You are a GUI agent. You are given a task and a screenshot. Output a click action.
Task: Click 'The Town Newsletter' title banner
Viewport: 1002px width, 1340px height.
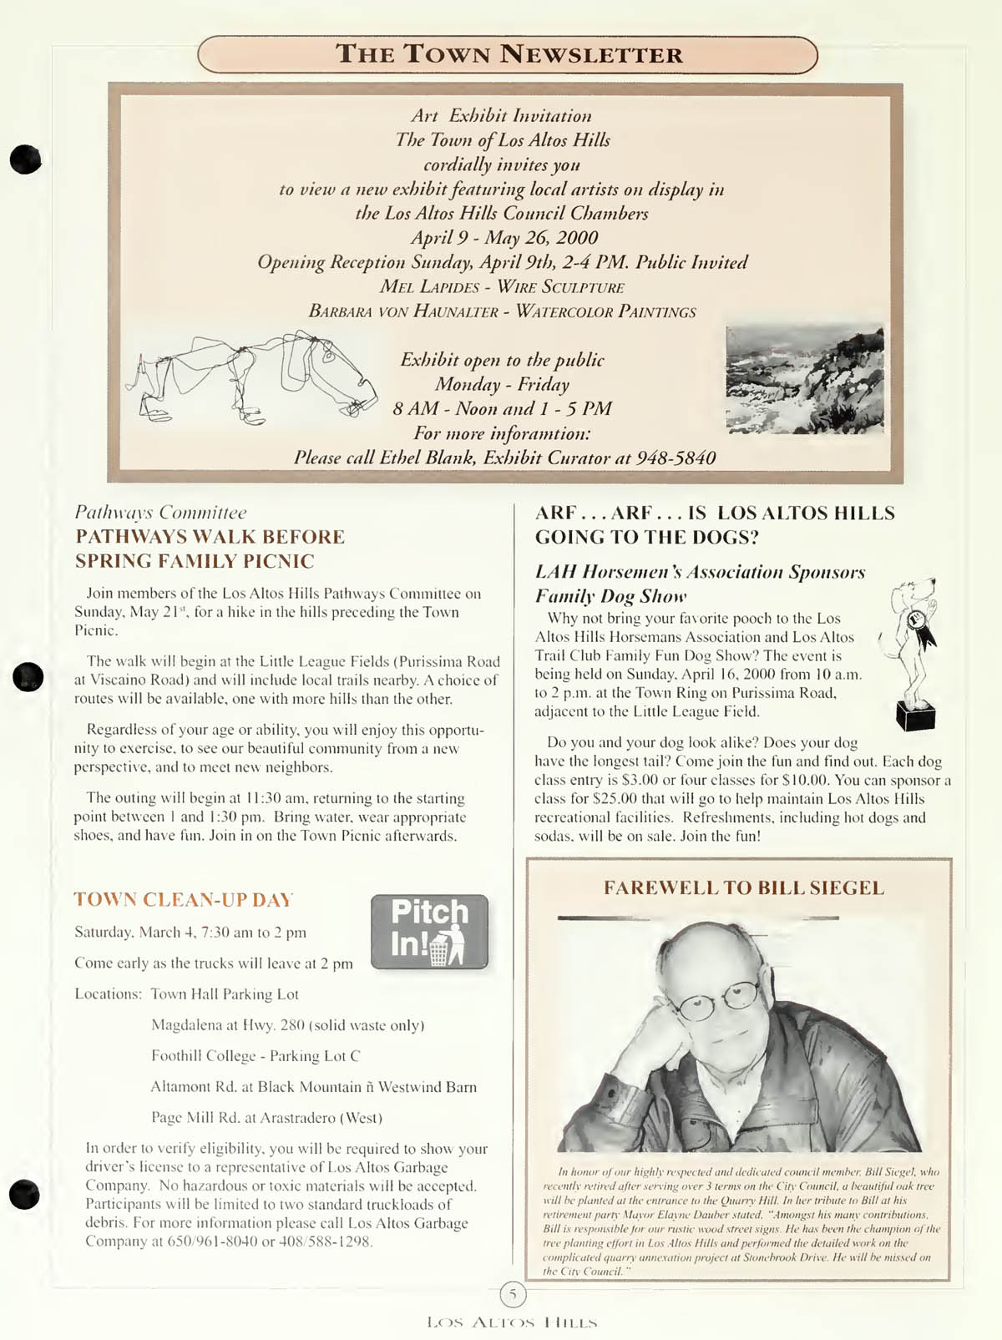508,55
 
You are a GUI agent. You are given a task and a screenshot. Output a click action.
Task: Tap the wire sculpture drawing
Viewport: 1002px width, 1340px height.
250,373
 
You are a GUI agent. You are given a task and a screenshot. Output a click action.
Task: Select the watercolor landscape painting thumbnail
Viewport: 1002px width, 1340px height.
804,380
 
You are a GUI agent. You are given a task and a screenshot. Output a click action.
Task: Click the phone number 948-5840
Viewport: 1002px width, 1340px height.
676,458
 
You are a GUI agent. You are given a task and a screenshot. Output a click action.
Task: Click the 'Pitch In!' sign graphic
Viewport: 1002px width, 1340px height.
429,932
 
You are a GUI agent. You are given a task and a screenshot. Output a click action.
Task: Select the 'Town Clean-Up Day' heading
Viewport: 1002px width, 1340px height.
184,899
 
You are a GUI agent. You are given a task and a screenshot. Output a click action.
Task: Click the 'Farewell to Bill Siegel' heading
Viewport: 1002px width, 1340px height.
743,887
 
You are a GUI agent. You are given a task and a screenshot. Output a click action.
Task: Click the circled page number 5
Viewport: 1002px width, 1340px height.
513,1294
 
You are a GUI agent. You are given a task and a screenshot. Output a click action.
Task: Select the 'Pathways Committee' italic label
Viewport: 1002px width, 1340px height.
160,512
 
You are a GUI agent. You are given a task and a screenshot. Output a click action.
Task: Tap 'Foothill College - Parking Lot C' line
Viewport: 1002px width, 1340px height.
256,1056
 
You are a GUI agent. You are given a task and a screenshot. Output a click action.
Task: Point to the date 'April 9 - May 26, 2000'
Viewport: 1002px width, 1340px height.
504,237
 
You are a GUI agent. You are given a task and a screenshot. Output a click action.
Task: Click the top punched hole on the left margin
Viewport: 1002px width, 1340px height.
25,159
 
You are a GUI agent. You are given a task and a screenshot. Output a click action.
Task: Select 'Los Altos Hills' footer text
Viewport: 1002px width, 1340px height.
512,1322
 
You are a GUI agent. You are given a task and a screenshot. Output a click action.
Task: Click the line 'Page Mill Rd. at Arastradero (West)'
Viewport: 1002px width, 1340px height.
266,1118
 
